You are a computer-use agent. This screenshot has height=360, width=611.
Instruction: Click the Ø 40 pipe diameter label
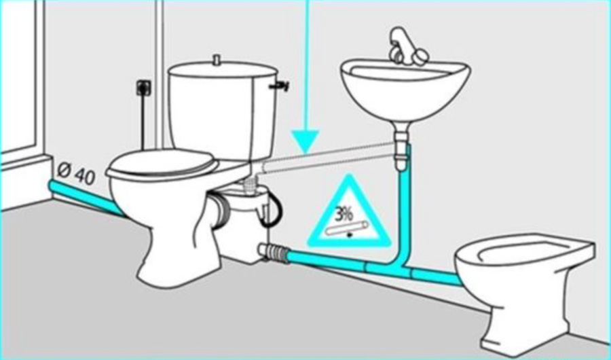point(76,174)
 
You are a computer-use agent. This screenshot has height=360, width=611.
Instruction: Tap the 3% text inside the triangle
point(344,214)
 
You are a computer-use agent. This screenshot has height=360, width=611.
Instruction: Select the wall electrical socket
point(144,88)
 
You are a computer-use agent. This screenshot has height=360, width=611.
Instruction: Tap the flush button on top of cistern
point(217,59)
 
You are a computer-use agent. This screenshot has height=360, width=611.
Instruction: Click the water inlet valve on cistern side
point(280,86)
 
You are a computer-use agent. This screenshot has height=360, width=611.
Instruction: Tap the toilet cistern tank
point(223,110)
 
